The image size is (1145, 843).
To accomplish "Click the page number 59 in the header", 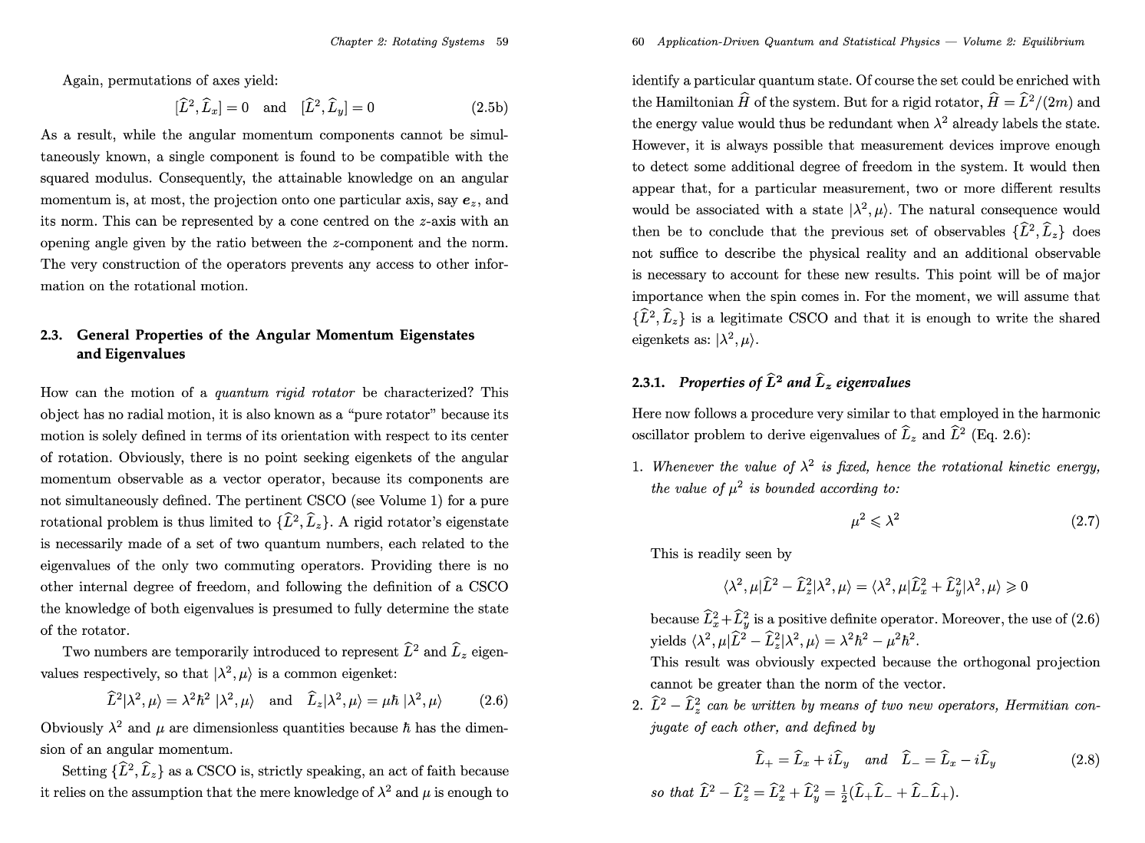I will [x=502, y=41].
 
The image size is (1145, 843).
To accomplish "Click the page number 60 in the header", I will [x=638, y=41].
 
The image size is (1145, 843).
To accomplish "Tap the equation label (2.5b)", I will [x=489, y=107].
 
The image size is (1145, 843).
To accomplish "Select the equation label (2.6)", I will [x=493, y=700].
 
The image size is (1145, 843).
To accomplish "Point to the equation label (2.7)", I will [x=1085, y=521].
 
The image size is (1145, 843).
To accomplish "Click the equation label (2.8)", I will [x=1085, y=760].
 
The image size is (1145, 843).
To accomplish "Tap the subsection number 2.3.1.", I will [x=648, y=382].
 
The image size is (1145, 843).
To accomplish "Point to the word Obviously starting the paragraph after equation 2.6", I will [x=71, y=728].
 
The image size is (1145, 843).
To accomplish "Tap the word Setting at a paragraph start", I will [x=84, y=771].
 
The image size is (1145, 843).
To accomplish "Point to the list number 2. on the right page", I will [x=637, y=705].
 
